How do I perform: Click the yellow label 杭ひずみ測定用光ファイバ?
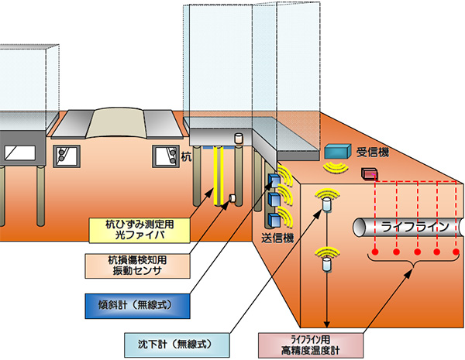click(x=139, y=228)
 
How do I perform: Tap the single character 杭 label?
click(x=186, y=157)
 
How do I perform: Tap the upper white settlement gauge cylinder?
click(x=326, y=205)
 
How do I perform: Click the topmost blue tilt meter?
click(x=272, y=181)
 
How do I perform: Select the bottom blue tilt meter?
click(x=273, y=218)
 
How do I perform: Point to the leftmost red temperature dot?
click(x=375, y=253)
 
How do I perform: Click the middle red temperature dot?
click(x=417, y=253)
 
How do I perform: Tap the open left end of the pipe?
click(x=360, y=227)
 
